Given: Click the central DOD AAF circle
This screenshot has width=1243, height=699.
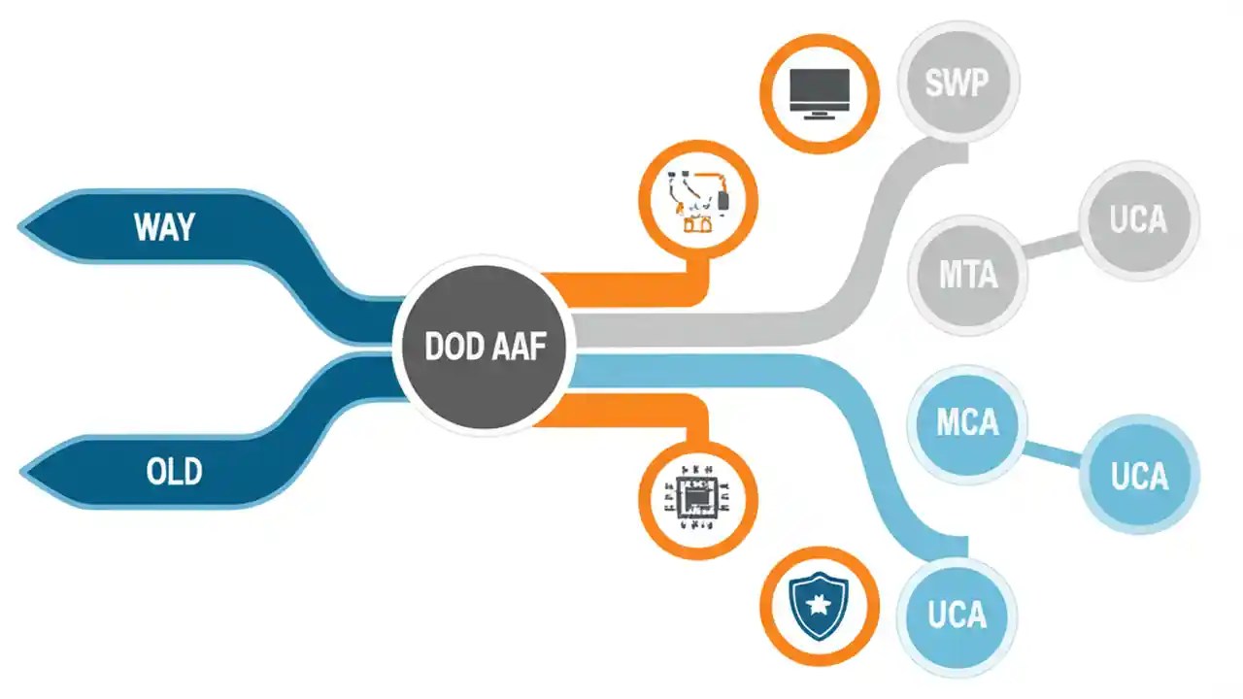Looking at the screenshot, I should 484,348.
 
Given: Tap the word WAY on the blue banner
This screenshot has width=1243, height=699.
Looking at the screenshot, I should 164,227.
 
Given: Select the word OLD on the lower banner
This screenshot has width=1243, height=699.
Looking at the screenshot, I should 174,472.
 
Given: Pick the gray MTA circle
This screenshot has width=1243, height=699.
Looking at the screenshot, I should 967,275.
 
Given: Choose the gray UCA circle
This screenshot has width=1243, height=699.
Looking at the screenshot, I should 1138,220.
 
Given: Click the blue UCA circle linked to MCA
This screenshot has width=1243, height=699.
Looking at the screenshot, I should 1138,477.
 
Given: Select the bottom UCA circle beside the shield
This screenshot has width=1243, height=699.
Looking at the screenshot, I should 957,616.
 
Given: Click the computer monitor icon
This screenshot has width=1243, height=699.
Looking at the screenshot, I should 820,93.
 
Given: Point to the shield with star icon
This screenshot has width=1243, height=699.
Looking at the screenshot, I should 820,605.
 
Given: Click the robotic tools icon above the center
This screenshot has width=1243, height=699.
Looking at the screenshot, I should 696,202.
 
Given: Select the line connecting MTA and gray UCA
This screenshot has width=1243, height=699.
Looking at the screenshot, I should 1054,247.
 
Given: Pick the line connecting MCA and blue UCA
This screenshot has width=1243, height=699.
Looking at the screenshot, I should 1054,452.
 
